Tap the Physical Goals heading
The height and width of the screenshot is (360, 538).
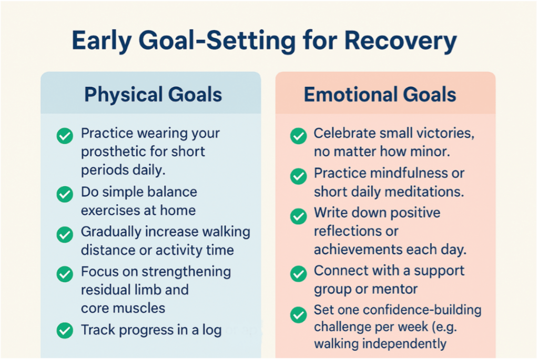[x=153, y=95]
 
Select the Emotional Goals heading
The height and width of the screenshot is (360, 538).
[x=380, y=94]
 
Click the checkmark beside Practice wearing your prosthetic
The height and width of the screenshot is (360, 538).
[x=65, y=136]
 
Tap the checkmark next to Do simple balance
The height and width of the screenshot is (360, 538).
[x=65, y=194]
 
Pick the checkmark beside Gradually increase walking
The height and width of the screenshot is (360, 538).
[x=65, y=235]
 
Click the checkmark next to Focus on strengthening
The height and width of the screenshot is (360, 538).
[x=65, y=274]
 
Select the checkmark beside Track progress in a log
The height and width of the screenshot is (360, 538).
[x=65, y=331]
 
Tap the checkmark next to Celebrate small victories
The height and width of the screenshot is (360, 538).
[x=299, y=136]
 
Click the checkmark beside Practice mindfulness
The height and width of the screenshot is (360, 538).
[x=299, y=176]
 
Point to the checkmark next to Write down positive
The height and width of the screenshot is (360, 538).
[x=299, y=216]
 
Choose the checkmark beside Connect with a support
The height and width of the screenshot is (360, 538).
[x=299, y=274]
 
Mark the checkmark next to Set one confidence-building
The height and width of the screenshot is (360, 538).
[x=299, y=315]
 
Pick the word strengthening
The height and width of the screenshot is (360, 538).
[x=186, y=272]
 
